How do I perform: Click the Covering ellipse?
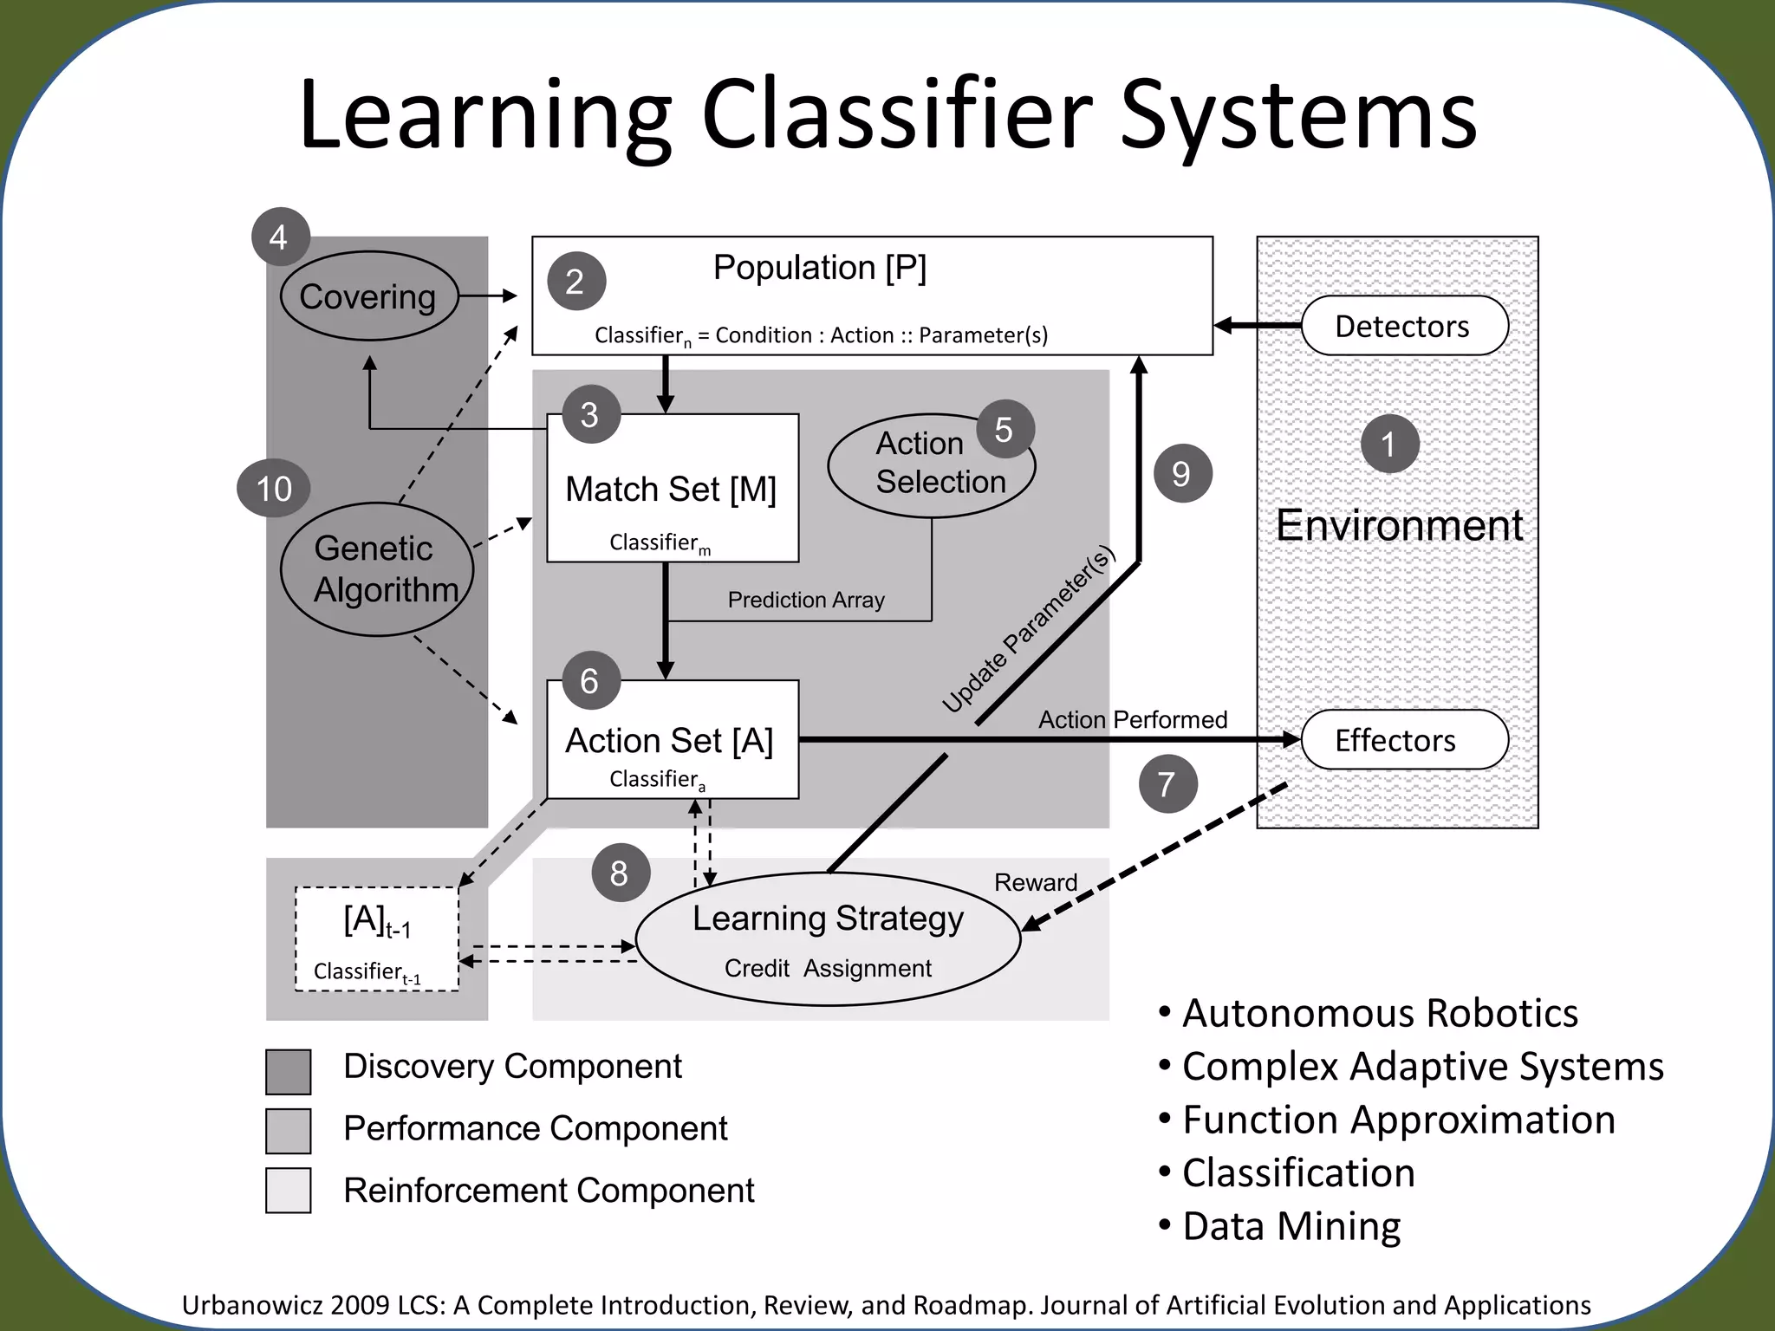(x=369, y=296)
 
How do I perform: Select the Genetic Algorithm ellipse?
(x=377, y=569)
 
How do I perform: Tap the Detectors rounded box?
(x=1404, y=326)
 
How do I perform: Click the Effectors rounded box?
(x=1404, y=740)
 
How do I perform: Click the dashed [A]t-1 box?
(x=377, y=939)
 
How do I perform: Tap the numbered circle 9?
(x=1182, y=474)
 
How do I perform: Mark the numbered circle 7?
(x=1167, y=784)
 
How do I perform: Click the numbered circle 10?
(x=274, y=489)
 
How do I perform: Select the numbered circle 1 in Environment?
(x=1389, y=445)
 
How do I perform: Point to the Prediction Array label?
(x=806, y=600)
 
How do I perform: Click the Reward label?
(x=1035, y=882)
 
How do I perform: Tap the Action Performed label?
(x=1133, y=719)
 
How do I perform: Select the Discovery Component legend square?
(x=289, y=1072)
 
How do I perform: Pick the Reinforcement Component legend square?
(x=289, y=1191)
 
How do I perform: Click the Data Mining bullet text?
(x=1291, y=1226)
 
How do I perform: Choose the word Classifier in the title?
(x=898, y=115)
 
